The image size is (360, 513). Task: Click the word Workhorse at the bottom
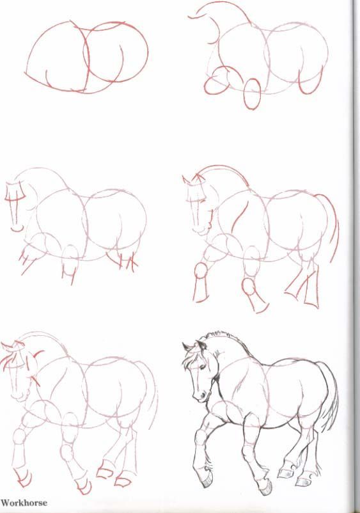click(24, 502)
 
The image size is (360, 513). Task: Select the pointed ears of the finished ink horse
click(189, 348)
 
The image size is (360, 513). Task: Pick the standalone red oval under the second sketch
click(253, 93)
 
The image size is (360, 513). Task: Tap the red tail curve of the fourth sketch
click(333, 224)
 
